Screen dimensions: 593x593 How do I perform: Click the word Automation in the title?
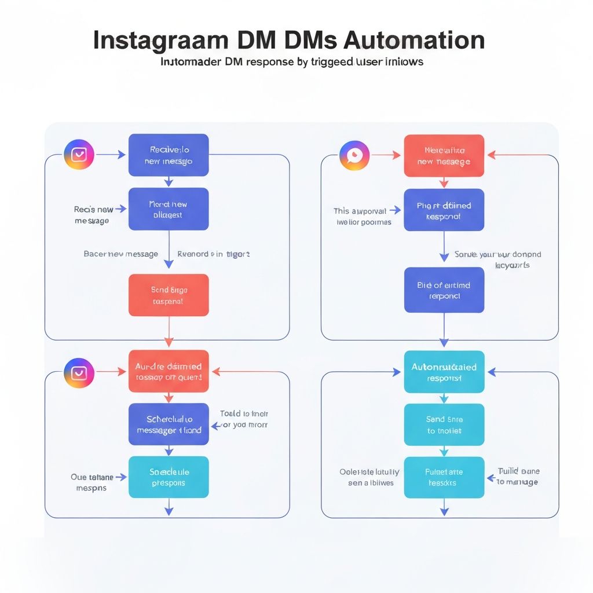coord(414,41)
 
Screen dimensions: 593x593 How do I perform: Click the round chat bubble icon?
coord(354,155)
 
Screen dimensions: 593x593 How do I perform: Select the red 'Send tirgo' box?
coord(169,295)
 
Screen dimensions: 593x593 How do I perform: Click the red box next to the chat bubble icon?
coord(444,156)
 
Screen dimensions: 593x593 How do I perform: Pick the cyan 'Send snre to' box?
coord(444,425)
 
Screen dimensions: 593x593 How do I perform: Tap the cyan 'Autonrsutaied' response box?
coord(444,372)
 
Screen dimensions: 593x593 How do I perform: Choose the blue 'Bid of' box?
coord(444,290)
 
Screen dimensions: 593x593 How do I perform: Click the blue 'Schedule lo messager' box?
coord(169,424)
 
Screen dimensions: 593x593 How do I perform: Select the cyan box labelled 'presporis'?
coord(169,477)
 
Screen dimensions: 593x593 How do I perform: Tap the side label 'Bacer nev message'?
coord(120,254)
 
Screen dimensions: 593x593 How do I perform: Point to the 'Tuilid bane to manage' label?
coord(518,477)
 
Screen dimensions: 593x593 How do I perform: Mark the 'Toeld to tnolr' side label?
coord(243,419)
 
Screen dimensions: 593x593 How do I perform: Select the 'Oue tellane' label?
coord(91,482)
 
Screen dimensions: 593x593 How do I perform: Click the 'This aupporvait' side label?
coord(363,216)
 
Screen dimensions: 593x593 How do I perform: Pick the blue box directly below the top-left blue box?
coord(169,209)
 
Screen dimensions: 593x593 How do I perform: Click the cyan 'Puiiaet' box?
coord(444,477)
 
